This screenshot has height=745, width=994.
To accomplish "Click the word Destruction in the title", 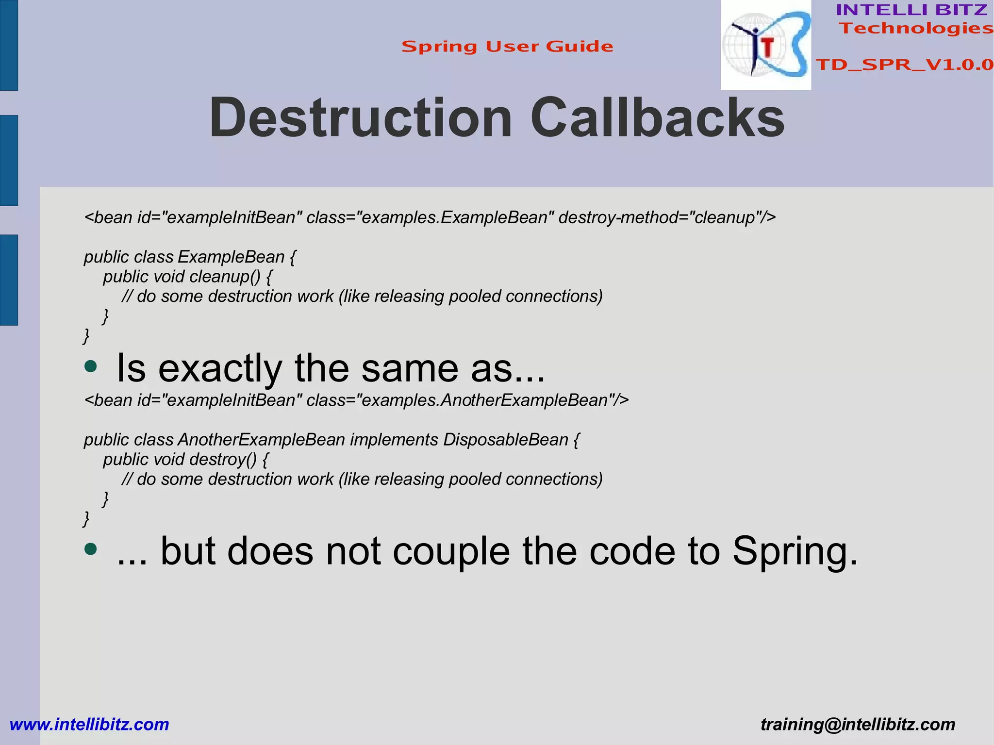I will [361, 118].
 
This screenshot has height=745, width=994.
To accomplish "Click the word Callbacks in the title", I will [657, 118].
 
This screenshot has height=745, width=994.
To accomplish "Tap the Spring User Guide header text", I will [507, 47].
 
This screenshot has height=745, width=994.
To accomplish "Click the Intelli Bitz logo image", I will [765, 45].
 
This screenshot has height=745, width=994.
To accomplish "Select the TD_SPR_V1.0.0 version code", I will [904, 65].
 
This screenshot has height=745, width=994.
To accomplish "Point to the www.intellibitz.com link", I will [89, 724].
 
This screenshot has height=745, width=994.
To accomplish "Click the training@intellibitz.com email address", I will [858, 724].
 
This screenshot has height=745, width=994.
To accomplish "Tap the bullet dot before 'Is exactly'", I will [90, 366].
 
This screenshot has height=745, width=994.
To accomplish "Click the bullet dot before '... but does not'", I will [90, 549].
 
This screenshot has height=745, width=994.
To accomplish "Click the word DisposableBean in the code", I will [505, 440].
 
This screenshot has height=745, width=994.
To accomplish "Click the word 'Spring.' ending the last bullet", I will [795, 551].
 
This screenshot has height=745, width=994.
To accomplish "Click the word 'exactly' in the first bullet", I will [220, 368].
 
